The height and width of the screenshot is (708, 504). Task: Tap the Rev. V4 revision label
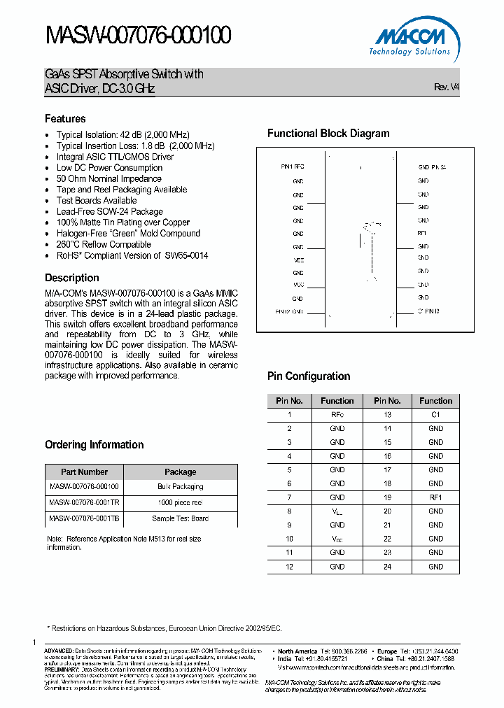click(447, 87)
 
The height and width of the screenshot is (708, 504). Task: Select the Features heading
click(65, 119)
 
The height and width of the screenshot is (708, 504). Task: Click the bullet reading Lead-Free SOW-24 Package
click(109, 211)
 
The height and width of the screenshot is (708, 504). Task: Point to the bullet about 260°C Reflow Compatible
click(104, 244)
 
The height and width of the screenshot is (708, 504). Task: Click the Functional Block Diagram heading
click(328, 134)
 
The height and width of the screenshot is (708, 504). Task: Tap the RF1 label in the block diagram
click(422, 233)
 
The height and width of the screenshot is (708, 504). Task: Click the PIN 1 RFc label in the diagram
click(293, 167)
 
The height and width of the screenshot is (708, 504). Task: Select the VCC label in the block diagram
click(298, 285)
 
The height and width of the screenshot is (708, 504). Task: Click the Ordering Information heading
click(94, 445)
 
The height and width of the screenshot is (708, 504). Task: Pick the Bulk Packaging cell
click(181, 486)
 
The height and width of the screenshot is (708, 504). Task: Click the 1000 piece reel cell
click(181, 502)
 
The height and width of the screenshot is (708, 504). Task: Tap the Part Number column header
click(84, 472)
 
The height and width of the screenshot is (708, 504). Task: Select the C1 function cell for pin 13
click(435, 415)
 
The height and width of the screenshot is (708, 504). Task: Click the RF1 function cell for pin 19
click(435, 497)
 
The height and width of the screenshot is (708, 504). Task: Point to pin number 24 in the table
click(387, 567)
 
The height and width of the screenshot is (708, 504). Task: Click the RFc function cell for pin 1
click(337, 415)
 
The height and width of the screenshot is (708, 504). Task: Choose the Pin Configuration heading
click(309, 376)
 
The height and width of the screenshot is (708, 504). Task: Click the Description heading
click(71, 278)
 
